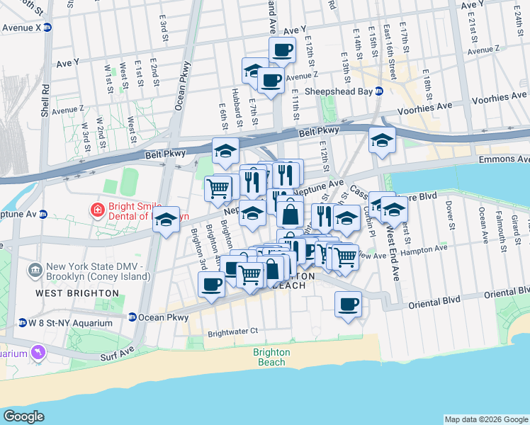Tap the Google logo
coord(23,416)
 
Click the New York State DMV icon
coord(35,270)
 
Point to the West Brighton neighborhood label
coord(77,293)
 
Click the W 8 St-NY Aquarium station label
coord(70,323)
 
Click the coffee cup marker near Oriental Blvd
coord(347,305)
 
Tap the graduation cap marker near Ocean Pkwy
coord(166,220)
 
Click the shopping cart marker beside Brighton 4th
coord(218,188)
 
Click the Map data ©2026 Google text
coord(486,419)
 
